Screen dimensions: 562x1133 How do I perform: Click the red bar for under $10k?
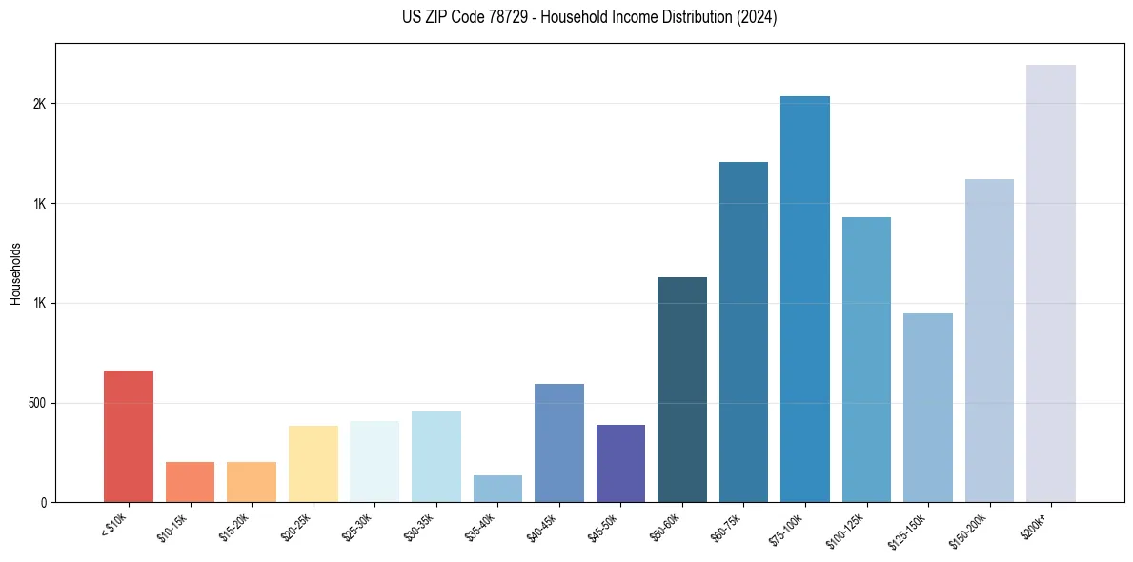[128, 436]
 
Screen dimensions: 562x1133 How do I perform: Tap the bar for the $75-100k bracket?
[804, 299]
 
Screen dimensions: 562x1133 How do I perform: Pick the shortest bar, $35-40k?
[497, 489]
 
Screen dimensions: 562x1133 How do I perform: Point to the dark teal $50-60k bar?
[681, 390]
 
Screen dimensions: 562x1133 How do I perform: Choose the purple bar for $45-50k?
[620, 463]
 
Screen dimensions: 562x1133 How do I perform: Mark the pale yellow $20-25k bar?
[313, 464]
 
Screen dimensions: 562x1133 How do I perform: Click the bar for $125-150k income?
[927, 408]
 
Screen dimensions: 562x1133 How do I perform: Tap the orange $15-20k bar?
[252, 482]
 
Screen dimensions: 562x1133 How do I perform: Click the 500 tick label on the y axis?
[37, 403]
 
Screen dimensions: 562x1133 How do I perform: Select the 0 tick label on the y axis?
[44, 503]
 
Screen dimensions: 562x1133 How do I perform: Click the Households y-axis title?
[16, 272]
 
